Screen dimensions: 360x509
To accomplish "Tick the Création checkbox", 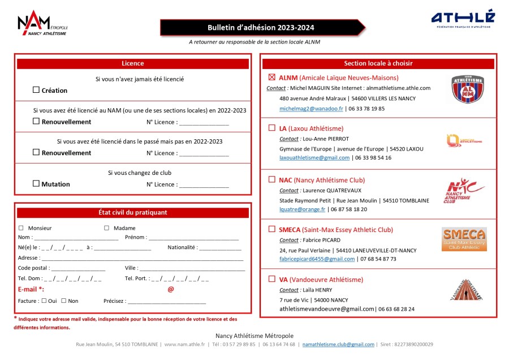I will point(36,90).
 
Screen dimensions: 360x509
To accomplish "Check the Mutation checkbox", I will point(36,183).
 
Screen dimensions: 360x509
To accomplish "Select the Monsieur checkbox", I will point(21,228).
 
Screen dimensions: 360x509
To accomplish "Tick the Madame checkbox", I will point(106,228).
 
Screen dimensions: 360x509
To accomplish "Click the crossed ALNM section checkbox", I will point(271,78).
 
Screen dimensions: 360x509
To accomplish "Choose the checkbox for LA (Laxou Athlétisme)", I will point(271,128).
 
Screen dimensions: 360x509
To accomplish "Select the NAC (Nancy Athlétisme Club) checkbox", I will point(271,179).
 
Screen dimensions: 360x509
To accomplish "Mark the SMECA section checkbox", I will point(271,229).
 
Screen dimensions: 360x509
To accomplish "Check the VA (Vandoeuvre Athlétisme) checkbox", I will point(271,279).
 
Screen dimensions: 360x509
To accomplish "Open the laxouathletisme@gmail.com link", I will point(314,158).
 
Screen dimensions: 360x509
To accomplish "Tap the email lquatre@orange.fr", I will point(302,209).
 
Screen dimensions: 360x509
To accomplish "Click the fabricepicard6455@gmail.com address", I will point(317,259).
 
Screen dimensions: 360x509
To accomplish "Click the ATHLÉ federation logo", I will point(463,19).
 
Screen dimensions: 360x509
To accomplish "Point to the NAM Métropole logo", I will point(42,23).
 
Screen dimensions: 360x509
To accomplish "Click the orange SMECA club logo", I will point(464,239).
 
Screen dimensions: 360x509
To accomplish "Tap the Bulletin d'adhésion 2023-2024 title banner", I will point(262,28).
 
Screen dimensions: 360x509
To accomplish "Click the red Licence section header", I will point(133,63).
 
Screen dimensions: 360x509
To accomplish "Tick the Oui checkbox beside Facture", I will point(44,301).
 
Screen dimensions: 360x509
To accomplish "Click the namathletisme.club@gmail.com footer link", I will point(338,344).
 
